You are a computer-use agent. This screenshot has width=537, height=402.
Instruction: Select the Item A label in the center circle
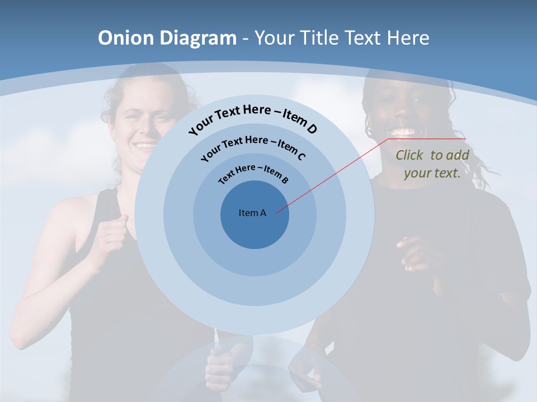(252, 213)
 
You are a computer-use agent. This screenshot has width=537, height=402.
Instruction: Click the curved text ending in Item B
(253, 173)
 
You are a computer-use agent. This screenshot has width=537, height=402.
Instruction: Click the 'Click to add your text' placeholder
(432, 164)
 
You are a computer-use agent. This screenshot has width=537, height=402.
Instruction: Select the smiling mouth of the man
(403, 133)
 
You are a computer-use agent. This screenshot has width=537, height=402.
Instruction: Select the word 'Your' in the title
(275, 38)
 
